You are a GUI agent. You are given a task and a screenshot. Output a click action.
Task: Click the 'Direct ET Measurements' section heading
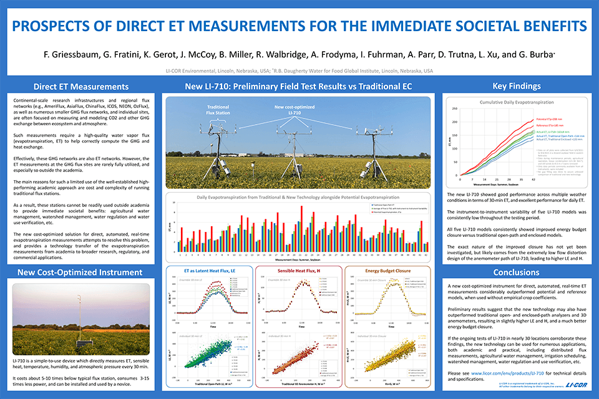pyautogui.click(x=81, y=87)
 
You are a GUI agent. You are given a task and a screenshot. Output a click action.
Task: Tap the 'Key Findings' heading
pyautogui.click(x=517, y=87)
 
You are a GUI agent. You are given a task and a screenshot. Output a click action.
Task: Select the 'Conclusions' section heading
pyautogui.click(x=517, y=272)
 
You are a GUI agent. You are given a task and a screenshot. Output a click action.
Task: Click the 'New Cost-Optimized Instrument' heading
pyautogui.click(x=81, y=272)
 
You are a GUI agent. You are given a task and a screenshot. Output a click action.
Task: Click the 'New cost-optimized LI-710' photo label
pyautogui.click(x=297, y=110)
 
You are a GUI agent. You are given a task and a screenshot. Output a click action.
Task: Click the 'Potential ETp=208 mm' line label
pyautogui.click(x=549, y=118)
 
